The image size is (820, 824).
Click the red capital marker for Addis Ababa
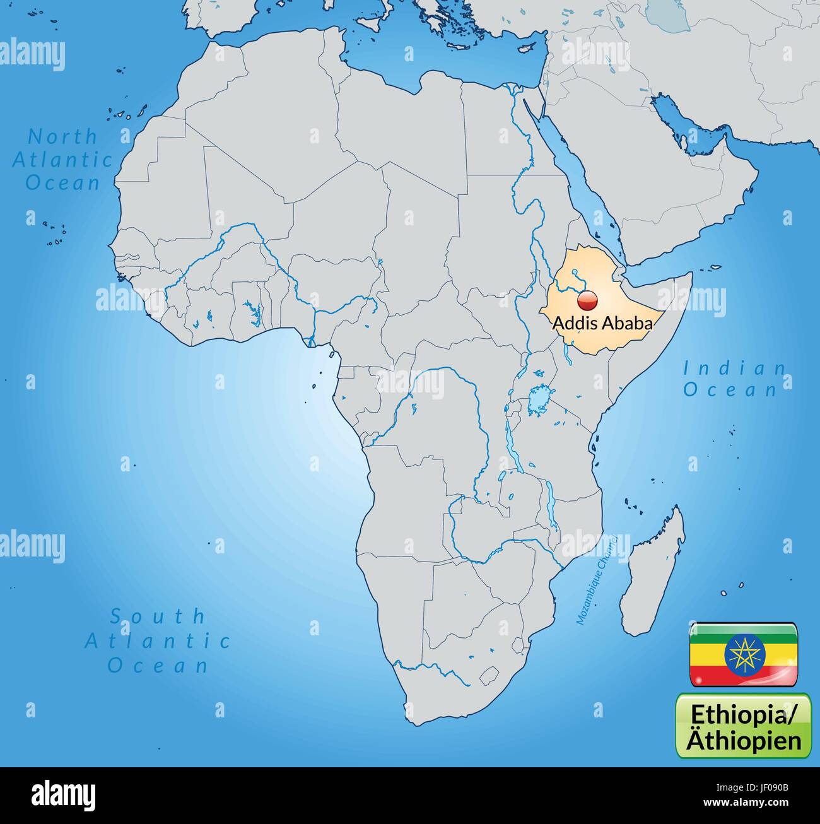587,300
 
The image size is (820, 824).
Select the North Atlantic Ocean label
62,160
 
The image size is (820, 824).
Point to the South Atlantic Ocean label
158,640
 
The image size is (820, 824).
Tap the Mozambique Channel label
595,580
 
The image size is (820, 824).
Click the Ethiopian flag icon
743,654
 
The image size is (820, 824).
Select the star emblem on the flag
743,654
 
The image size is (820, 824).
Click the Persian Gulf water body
684,126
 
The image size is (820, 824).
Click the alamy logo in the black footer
63,795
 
